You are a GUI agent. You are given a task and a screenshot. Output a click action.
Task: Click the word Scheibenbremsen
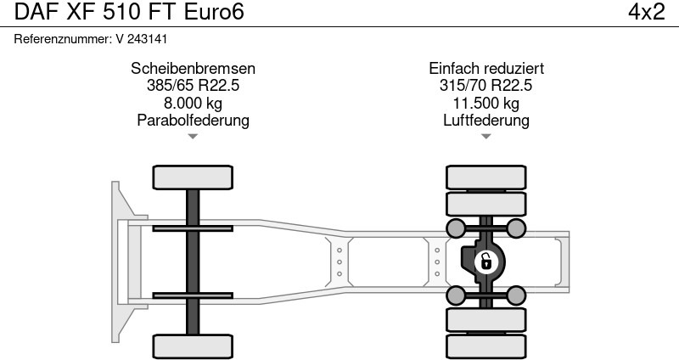coord(193,69)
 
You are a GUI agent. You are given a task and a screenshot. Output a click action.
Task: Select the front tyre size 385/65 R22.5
coord(193,86)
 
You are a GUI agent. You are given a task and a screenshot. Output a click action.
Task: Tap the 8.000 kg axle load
coord(193,103)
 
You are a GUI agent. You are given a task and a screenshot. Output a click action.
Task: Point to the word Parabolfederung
coord(193,120)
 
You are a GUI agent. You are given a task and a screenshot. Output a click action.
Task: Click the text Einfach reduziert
coord(486,69)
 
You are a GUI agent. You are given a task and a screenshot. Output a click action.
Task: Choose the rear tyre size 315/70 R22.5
coord(486,86)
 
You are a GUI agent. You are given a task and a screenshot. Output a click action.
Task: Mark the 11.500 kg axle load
coord(486,103)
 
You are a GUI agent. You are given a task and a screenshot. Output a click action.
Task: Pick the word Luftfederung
coord(486,120)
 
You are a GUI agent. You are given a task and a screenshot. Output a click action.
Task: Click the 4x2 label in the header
coord(646,13)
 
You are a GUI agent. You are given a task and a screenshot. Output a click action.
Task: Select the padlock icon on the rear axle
coord(486,261)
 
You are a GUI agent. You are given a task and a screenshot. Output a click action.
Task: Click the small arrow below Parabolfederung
coord(193,136)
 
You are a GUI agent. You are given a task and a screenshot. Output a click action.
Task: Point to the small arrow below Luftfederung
coord(486,136)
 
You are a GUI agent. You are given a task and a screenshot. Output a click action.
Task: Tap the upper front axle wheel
coord(193,177)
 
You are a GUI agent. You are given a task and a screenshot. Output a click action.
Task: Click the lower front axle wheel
coord(193,346)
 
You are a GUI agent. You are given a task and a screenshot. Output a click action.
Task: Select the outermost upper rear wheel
coord(486,177)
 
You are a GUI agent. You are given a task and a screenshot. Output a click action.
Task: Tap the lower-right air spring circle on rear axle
coord(516,295)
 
